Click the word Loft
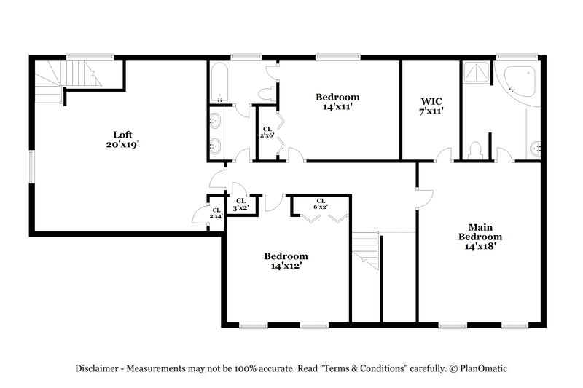[x=122, y=134]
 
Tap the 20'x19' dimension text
[x=122, y=144]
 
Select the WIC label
[x=431, y=101]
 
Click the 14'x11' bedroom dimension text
[x=337, y=107]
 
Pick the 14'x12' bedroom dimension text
[x=286, y=266]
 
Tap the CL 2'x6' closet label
[x=267, y=132]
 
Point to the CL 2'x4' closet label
[x=216, y=213]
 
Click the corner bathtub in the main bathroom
[x=519, y=82]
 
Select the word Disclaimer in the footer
[x=98, y=368]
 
